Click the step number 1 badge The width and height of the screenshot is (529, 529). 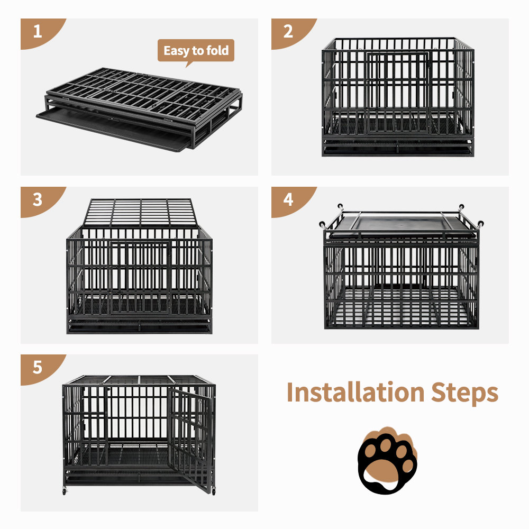38,32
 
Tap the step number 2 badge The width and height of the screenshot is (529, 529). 288,32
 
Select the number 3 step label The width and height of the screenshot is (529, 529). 38,199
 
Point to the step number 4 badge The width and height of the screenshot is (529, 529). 288,199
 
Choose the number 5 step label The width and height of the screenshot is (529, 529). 38,367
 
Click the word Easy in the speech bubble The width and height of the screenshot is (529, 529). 176,51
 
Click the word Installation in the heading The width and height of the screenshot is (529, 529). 355,393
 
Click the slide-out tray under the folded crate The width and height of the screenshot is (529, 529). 111,130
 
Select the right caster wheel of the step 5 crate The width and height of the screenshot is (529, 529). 214,492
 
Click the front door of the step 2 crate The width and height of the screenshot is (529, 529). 397,93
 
